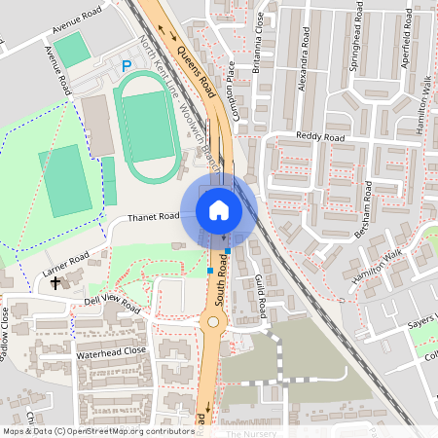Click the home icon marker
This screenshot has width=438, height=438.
[219, 209]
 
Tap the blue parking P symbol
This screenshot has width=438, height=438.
[126, 65]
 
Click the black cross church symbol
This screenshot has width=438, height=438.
[55, 282]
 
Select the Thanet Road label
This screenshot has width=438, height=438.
[154, 216]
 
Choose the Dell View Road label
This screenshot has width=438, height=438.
[113, 306]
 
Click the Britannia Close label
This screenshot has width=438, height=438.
[260, 33]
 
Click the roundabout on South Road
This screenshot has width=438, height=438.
[213, 322]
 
